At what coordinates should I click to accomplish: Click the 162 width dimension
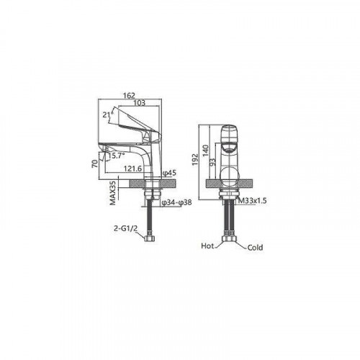pyautogui.click(x=129, y=96)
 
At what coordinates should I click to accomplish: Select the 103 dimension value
pyautogui.click(x=139, y=103)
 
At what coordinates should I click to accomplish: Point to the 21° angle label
pyautogui.click(x=108, y=114)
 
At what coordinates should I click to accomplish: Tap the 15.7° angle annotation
pyautogui.click(x=117, y=156)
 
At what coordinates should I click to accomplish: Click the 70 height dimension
pyautogui.click(x=95, y=163)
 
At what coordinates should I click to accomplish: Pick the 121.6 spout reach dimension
pyautogui.click(x=132, y=168)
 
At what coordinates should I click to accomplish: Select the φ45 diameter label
pyautogui.click(x=169, y=173)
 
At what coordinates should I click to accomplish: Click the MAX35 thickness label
pyautogui.click(x=113, y=193)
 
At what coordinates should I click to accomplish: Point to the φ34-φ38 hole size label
pyautogui.click(x=177, y=202)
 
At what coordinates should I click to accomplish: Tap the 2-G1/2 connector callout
pyautogui.click(x=125, y=228)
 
